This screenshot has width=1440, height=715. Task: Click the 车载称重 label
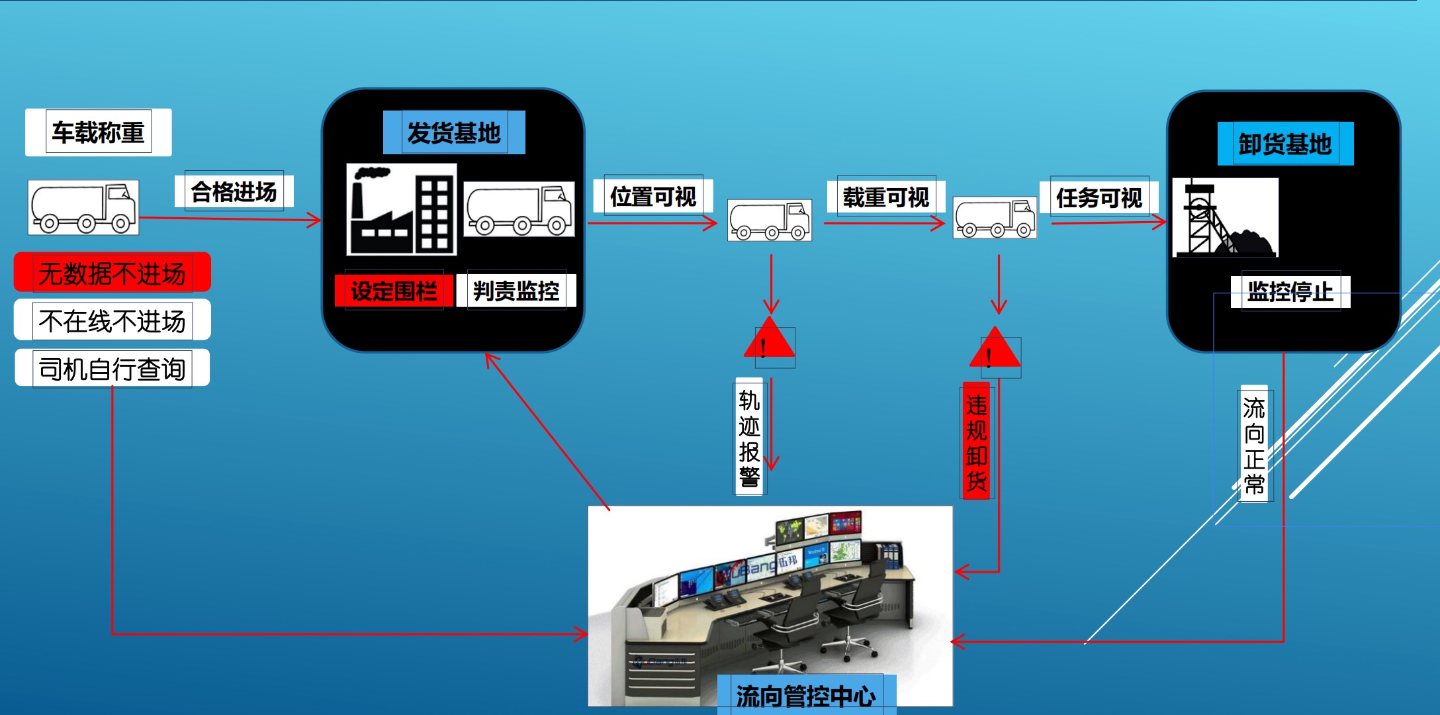pyautogui.click(x=98, y=132)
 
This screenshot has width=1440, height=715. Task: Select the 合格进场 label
pyautogui.click(x=234, y=191)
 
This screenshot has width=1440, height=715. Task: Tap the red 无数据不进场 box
pyautogui.click(x=112, y=273)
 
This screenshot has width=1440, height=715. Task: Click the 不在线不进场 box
pyautogui.click(x=112, y=320)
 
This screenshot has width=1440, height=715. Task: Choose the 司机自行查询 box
pyautogui.click(x=112, y=368)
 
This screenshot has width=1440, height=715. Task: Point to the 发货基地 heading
pyautogui.click(x=454, y=132)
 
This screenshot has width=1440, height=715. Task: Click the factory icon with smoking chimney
pyautogui.click(x=401, y=209)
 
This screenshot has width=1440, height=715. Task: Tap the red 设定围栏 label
pyautogui.click(x=394, y=291)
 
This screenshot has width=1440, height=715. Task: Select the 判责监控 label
pyautogui.click(x=516, y=290)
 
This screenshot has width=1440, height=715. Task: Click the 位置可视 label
pyautogui.click(x=653, y=196)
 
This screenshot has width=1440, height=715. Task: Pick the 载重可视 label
pyautogui.click(x=886, y=196)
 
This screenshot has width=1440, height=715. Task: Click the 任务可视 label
pyautogui.click(x=1099, y=197)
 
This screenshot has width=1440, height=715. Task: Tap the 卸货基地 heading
pyautogui.click(x=1285, y=144)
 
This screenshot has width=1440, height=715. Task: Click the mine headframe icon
pyautogui.click(x=1224, y=217)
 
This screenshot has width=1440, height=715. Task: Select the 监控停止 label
pyautogui.click(x=1290, y=291)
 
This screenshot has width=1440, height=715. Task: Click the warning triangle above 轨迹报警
pyautogui.click(x=769, y=340)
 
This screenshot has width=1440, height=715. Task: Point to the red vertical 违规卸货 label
pyautogui.click(x=977, y=441)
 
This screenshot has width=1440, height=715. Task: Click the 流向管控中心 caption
pyautogui.click(x=806, y=695)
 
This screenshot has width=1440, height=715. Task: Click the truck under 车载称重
pyautogui.click(x=83, y=207)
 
